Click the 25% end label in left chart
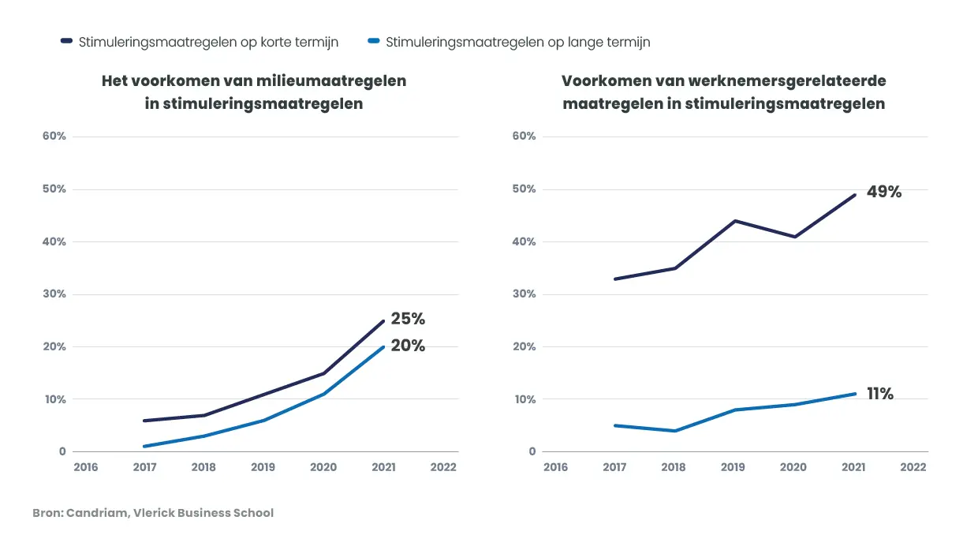408,319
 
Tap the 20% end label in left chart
408,346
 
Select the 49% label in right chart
883,192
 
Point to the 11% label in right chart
879,394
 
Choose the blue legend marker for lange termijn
374,41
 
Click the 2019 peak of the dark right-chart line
734,221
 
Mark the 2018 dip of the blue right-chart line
675,431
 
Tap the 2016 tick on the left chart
85,467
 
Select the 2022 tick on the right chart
913,467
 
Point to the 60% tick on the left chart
54,137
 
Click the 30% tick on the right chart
524,294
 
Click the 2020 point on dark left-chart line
323,373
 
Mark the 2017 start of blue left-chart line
144,447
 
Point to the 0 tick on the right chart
532,452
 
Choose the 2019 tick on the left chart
263,467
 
